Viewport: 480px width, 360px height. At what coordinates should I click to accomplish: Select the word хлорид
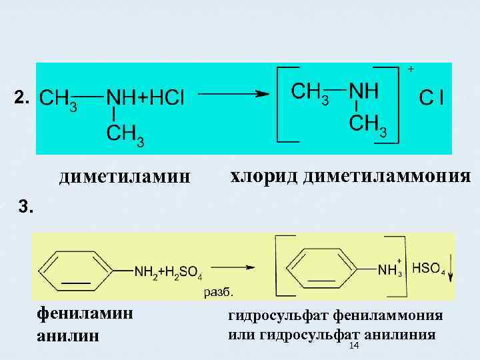click(x=263, y=177)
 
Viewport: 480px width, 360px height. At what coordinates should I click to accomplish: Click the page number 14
click(x=354, y=346)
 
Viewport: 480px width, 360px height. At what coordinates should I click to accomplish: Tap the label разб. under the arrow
click(x=219, y=292)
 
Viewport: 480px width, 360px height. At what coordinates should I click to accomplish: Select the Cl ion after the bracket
click(x=432, y=98)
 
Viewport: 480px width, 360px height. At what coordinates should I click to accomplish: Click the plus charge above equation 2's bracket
click(x=411, y=69)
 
